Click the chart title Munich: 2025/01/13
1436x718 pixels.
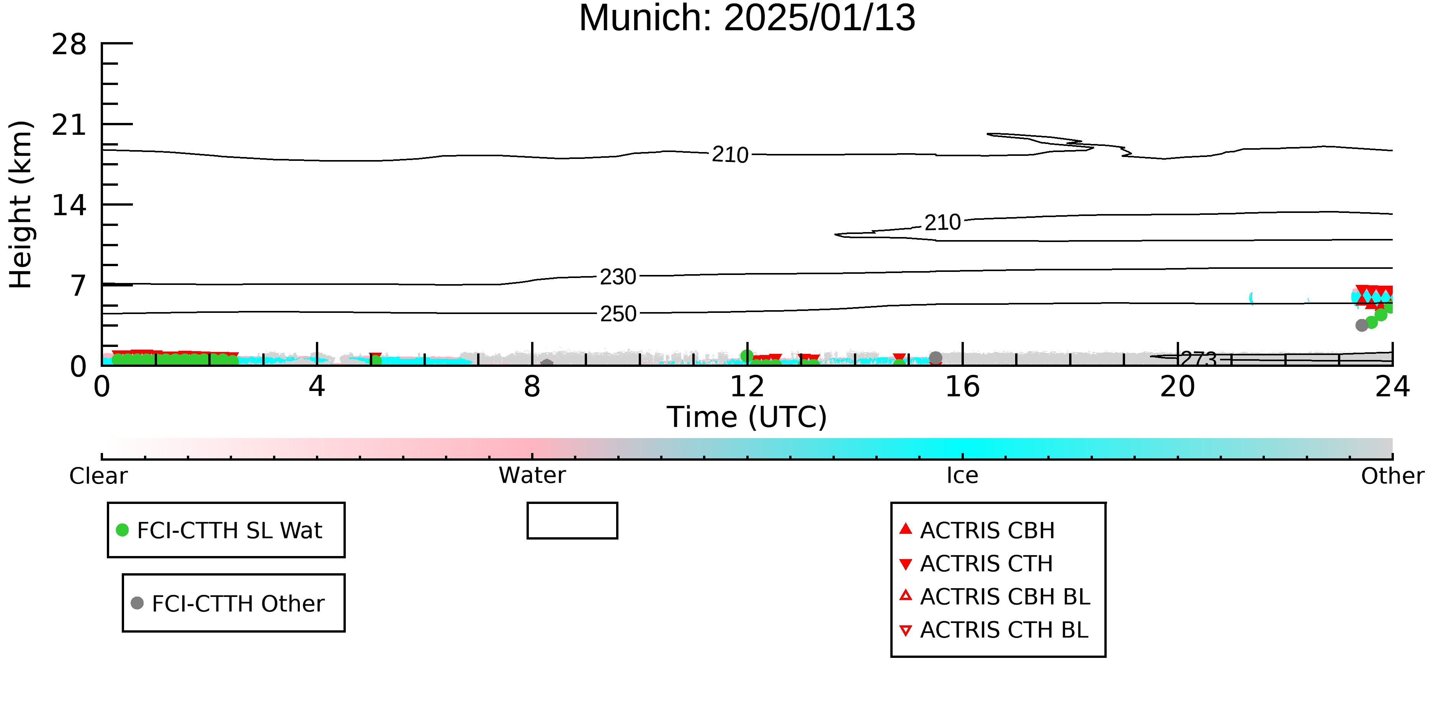747,18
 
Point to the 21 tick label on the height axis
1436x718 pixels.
69,125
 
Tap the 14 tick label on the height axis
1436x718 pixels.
69,205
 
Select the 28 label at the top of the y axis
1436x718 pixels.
69,44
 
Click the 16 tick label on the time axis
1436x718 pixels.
962,386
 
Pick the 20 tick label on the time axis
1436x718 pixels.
1178,386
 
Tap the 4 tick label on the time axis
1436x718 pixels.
317,386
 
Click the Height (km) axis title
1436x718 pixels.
21,204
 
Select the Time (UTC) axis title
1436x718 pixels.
747,417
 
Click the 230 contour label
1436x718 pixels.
618,276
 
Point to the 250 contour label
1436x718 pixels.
618,314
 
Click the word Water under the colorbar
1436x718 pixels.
532,476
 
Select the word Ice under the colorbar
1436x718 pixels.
962,476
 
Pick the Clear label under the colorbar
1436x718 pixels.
98,476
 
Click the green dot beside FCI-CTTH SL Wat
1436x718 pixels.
122,530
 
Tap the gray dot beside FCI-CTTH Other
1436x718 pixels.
137,603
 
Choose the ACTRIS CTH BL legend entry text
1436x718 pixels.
1004,630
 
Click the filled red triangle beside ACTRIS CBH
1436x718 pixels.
906,528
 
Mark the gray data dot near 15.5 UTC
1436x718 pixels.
936,357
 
